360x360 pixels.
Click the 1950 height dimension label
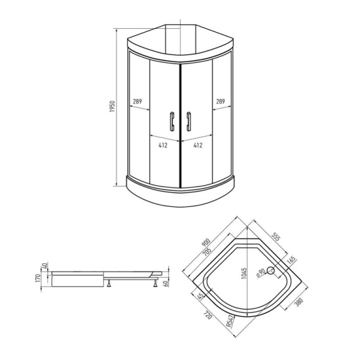tap(112, 106)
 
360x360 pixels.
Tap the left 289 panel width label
tap(137, 101)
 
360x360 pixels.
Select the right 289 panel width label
tap(221, 101)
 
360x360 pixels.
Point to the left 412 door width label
tap(163, 145)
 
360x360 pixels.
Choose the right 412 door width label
tap(198, 145)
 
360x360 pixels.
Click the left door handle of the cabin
tap(172, 122)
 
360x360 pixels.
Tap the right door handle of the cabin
tap(189, 122)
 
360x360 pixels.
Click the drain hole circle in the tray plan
tap(271, 270)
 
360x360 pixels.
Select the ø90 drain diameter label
tap(261, 272)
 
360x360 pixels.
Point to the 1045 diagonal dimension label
tap(244, 273)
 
